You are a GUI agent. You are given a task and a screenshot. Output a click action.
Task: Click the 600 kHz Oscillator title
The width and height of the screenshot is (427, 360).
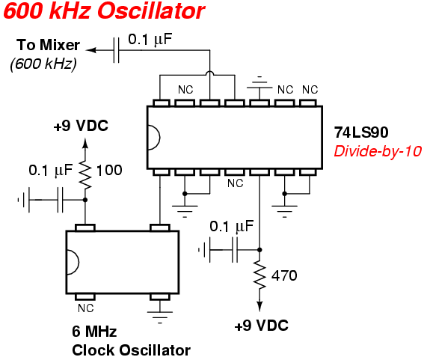tap(104, 11)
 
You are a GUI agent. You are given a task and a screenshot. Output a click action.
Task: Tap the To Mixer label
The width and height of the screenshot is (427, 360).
tap(48, 45)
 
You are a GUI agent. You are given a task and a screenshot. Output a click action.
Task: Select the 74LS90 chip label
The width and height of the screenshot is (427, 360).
tap(361, 132)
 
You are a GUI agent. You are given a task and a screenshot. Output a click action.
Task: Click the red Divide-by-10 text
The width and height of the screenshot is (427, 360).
tap(378, 151)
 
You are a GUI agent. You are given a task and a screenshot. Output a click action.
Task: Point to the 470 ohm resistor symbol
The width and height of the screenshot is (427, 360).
tap(259, 275)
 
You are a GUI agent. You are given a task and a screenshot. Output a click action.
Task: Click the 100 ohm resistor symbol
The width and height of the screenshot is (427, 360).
tap(85, 176)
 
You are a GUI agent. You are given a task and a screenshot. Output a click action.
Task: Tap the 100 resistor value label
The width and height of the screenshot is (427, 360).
tap(109, 171)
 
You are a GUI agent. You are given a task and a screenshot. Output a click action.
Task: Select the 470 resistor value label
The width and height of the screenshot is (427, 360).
tap(284, 275)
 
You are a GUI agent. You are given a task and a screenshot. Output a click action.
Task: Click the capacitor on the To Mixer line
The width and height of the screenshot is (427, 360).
tap(116, 50)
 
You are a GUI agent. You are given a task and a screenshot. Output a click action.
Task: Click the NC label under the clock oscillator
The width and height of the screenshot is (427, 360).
tap(85, 308)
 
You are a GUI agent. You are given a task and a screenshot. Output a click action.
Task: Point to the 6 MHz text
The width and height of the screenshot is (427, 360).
tap(94, 332)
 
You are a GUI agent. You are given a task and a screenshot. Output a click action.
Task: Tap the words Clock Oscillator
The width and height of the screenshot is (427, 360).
tap(131, 350)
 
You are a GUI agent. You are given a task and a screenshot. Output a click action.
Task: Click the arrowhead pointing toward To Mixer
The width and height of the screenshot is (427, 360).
tap(91, 50)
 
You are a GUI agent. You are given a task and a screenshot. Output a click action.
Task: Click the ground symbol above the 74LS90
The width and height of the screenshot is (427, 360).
tap(259, 83)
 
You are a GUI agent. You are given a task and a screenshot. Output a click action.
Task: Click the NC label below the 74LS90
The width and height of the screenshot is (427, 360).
tap(236, 183)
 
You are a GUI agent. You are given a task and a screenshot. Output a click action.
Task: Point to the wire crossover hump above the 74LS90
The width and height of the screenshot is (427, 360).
tap(209, 73)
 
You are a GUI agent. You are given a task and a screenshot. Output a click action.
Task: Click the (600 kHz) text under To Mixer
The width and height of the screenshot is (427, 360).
tap(43, 64)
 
